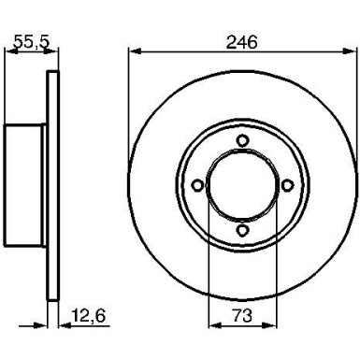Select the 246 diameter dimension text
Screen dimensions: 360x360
[242, 41]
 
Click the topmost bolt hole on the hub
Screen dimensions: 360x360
[241, 141]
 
